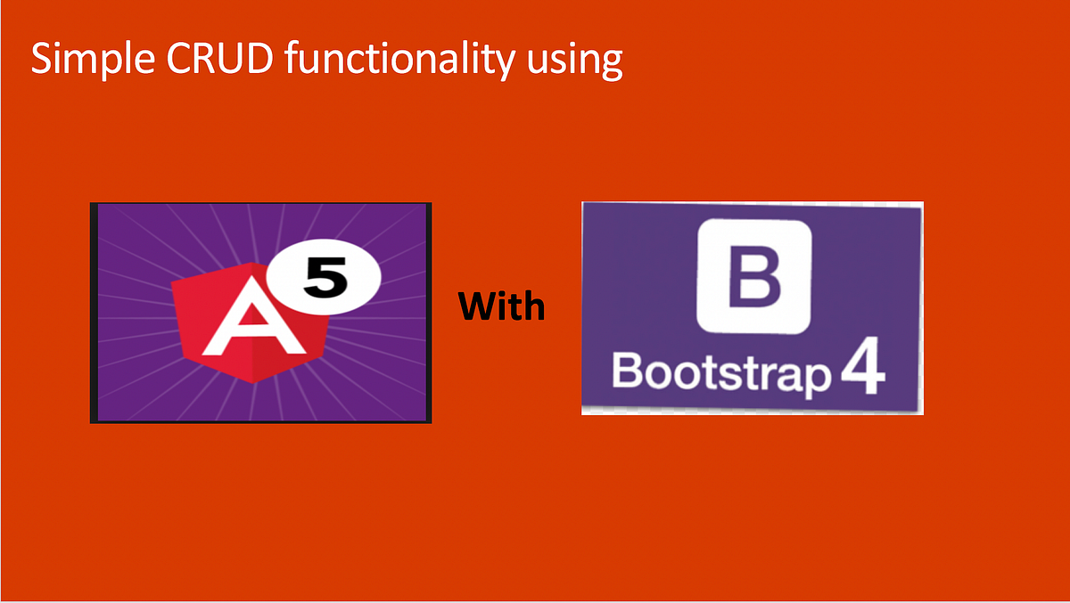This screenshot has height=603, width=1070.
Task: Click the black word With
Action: (501, 307)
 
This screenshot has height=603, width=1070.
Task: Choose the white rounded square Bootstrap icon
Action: (754, 275)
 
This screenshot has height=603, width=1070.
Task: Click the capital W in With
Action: (478, 307)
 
